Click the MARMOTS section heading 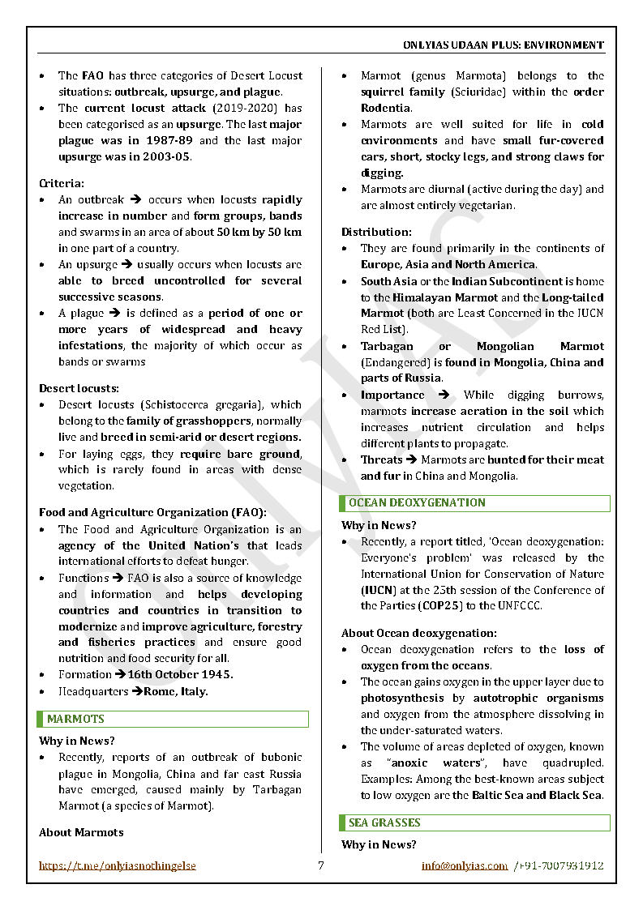pos(75,719)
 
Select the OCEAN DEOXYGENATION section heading pos(417,503)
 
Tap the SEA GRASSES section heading pos(384,822)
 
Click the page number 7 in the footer pos(321,865)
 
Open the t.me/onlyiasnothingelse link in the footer pos(118,865)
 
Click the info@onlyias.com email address pos(465,865)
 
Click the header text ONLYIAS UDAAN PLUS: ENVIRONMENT pos(503,45)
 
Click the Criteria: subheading pos(61,184)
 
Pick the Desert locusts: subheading pos(79,388)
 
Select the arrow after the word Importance pos(444,395)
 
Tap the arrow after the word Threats pos(411,459)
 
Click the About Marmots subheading pos(81,832)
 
